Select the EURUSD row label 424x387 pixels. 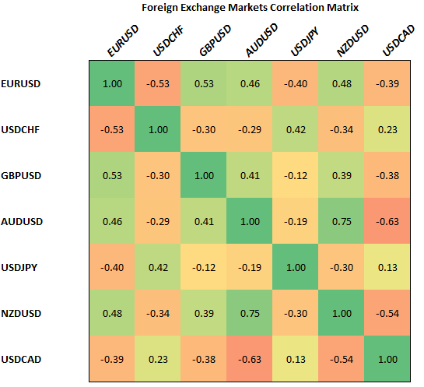[23, 83]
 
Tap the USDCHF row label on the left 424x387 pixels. [23, 129]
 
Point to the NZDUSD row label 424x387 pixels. [23, 313]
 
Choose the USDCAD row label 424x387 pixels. [23, 359]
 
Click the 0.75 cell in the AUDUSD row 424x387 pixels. [341, 221]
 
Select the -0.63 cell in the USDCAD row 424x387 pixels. [249, 359]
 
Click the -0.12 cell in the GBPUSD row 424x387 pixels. [295, 175]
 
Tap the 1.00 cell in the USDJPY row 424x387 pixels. [295, 267]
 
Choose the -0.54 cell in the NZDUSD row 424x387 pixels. [387, 313]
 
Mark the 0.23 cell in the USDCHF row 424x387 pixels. [387, 129]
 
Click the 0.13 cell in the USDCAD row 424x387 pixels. [295, 359]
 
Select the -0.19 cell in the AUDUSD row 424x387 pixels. [295, 221]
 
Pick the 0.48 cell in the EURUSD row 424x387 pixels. [341, 83]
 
